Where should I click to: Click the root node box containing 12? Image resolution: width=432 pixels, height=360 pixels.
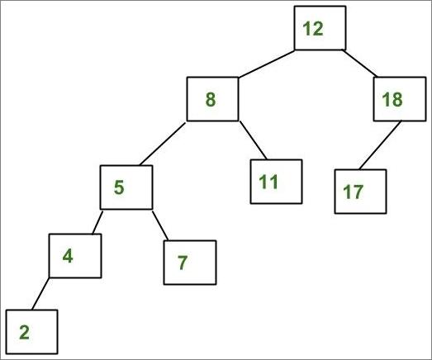tap(320, 28)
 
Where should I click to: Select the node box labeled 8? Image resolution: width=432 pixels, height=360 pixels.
tap(212, 99)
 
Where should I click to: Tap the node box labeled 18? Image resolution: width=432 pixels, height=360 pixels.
tap(400, 99)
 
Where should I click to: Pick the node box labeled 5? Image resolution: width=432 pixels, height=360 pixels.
tap(126, 187)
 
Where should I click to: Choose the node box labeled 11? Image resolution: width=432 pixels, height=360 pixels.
tap(276, 182)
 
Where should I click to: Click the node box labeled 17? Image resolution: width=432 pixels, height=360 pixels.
tap(360, 192)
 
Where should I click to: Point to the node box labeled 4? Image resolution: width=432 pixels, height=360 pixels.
tap(75, 256)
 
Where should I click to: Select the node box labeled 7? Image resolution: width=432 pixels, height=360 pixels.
tap(190, 263)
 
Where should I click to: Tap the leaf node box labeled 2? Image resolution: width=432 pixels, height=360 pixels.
tap(31, 332)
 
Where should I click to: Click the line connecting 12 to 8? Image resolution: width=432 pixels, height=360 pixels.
tap(267, 64)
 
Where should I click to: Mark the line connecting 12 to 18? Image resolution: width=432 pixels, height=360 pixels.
tap(359, 63)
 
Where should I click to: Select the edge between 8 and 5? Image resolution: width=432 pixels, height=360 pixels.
tap(163, 144)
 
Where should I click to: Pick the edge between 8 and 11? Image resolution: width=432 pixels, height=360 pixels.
tap(253, 140)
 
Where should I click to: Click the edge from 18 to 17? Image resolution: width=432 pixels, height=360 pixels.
tap(380, 145)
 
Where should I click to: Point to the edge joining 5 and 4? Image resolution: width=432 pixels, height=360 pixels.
tap(97, 222)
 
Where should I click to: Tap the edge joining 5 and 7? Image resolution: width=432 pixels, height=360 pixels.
tap(160, 225)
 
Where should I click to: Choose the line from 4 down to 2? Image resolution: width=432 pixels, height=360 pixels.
tap(40, 294)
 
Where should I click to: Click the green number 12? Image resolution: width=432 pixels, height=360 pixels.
tap(313, 28)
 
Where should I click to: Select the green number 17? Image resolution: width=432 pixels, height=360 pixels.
tap(354, 192)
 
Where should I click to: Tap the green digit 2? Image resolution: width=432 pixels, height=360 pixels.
tap(25, 332)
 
